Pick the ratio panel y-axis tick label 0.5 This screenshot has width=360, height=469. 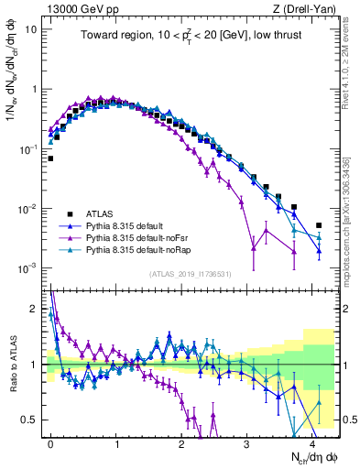(x=30, y=419)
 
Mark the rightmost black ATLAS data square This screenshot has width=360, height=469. (x=319, y=225)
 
